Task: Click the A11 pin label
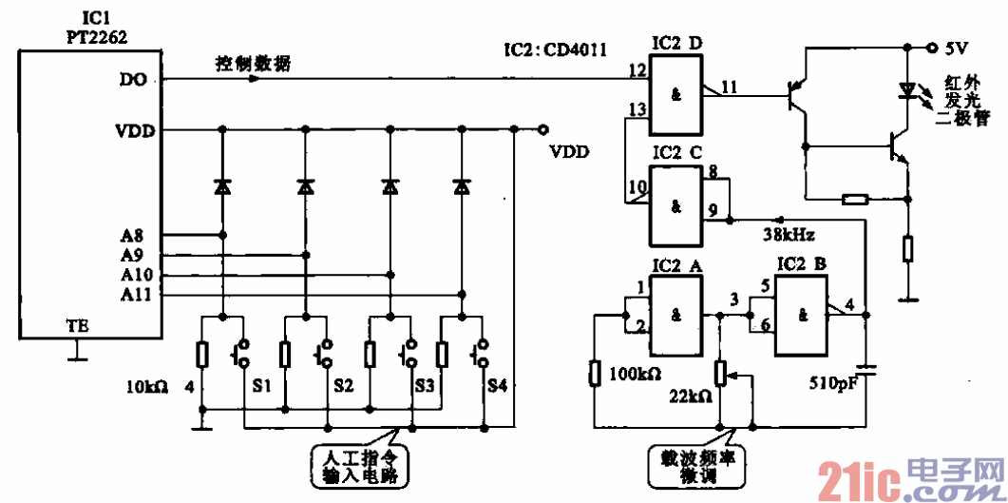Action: [134, 295]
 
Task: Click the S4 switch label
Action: [497, 387]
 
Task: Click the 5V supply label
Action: [955, 47]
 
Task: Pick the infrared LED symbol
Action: [907, 91]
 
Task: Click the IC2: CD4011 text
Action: [554, 48]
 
